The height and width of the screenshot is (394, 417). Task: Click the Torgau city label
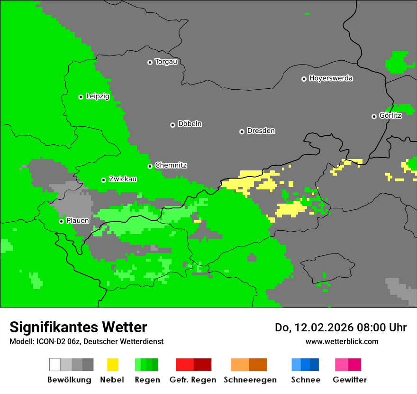coord(166,62)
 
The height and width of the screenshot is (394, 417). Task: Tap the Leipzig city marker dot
coord(81,97)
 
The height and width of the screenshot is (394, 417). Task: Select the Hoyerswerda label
coord(331,78)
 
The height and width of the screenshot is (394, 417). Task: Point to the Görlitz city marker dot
coord(374,116)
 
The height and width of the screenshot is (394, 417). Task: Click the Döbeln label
coord(190,124)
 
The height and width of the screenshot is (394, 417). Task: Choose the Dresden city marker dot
coord(242,131)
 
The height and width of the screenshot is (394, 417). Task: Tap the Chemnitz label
coord(171,166)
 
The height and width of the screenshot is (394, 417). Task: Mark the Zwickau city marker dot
coord(103,180)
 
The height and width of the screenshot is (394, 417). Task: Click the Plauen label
coord(78,221)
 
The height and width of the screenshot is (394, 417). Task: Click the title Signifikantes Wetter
coord(78,328)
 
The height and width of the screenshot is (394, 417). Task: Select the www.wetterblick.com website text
coord(342,341)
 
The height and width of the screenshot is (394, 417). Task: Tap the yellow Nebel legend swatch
coord(112,365)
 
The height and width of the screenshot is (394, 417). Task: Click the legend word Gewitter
coord(350,380)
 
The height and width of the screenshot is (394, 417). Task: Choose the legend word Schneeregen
coord(250,380)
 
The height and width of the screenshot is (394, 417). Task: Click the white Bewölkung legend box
coord(55,365)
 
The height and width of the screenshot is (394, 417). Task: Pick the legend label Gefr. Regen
coord(193,380)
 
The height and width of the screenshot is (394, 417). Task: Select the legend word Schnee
coord(306,380)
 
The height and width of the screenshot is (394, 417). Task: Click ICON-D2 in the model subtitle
coord(48,342)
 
